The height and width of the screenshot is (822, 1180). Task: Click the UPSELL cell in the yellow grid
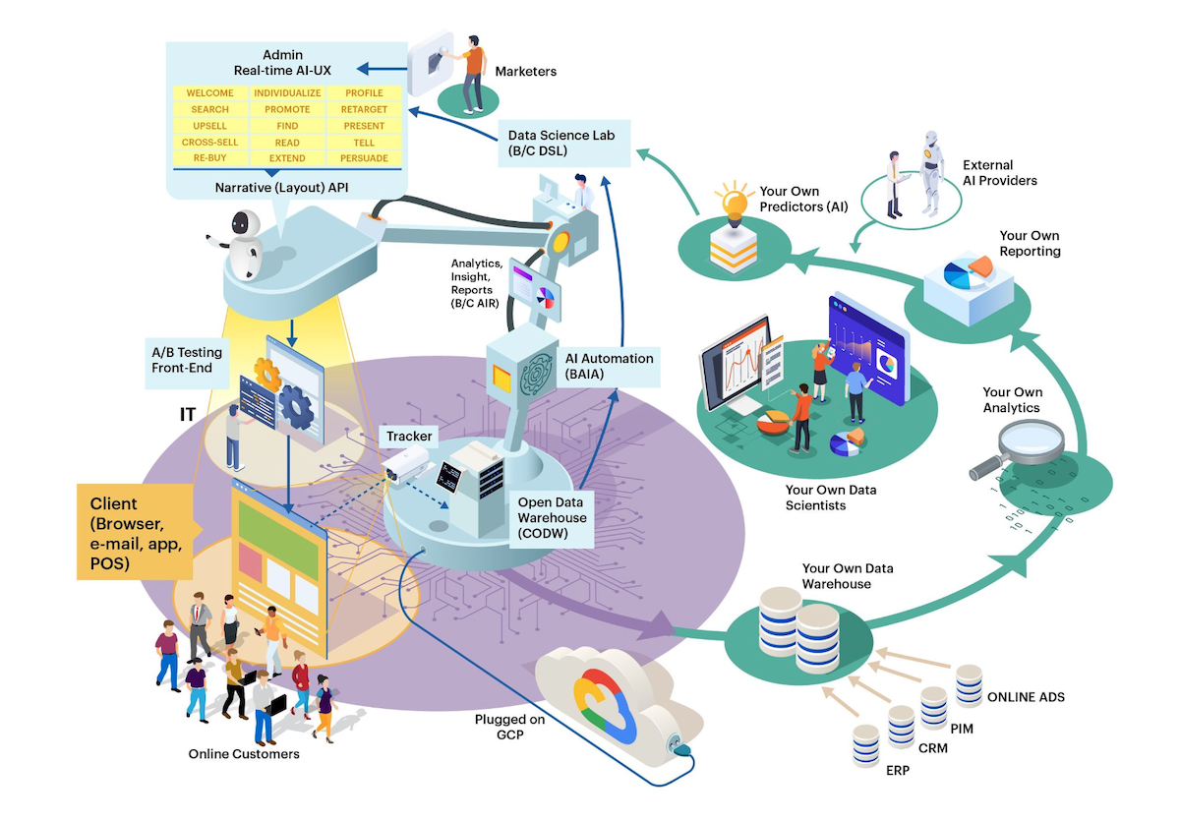[x=209, y=126]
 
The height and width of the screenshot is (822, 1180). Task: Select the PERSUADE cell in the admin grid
[x=364, y=158]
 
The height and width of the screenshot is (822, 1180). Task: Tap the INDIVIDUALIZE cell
[x=287, y=93]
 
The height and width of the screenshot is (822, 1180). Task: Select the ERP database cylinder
[x=865, y=744]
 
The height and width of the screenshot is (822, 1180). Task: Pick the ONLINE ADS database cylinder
[x=969, y=684]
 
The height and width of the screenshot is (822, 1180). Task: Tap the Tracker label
[x=409, y=436]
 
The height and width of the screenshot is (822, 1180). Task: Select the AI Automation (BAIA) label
[x=609, y=366]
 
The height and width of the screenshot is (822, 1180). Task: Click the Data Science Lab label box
[x=551, y=142]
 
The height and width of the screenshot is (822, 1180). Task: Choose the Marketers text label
[x=525, y=71]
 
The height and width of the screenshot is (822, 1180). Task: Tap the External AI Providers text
[x=999, y=173]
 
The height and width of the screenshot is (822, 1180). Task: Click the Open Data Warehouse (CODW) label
[x=552, y=518]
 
